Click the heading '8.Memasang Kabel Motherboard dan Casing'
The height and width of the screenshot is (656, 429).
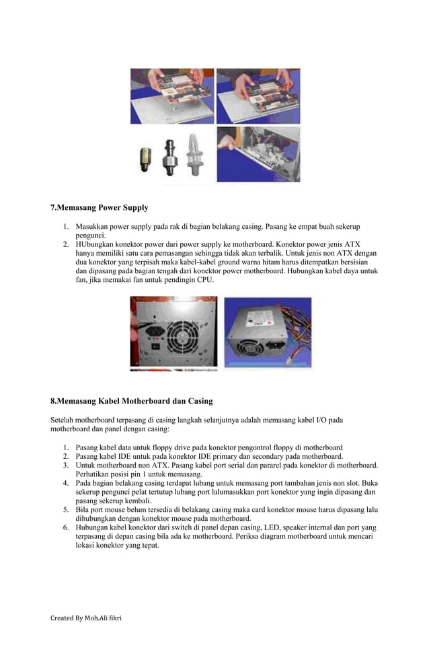pyautogui.click(x=132, y=401)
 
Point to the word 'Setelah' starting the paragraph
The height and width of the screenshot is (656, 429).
pyautogui.click(x=64, y=420)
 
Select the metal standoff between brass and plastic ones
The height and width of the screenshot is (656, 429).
pyautogui.click(x=168, y=156)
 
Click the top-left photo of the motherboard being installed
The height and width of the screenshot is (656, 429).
pyautogui.click(x=172, y=96)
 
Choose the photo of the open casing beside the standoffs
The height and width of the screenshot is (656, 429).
pyautogui.click(x=258, y=154)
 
